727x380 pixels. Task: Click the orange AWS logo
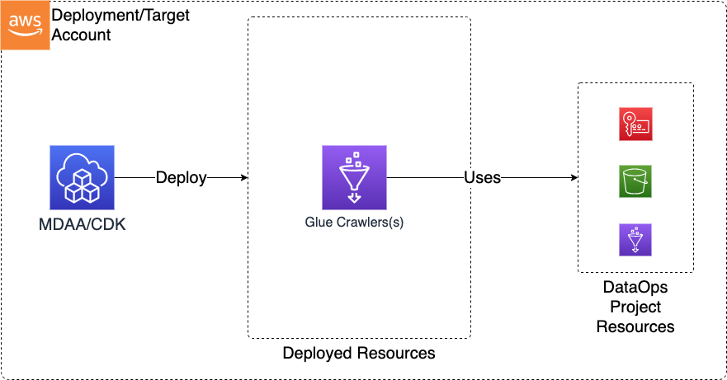coord(26,26)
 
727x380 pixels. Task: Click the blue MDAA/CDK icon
coord(82,177)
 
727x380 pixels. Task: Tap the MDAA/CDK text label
coord(82,223)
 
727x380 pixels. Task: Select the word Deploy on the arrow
coord(181,177)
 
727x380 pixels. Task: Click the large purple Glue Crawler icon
coord(354,177)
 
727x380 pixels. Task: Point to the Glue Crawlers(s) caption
coord(354,221)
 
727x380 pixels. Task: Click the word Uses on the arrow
coord(483,177)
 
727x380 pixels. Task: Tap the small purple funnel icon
coord(635,239)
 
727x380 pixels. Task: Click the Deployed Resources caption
coord(358,353)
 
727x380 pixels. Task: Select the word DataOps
coord(635,289)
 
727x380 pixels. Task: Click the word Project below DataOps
coord(635,307)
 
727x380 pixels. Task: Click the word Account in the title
coord(82,35)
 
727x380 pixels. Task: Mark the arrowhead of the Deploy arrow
coord(243,177)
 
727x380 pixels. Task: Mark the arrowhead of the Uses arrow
coord(573,177)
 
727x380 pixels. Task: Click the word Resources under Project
coord(635,326)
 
